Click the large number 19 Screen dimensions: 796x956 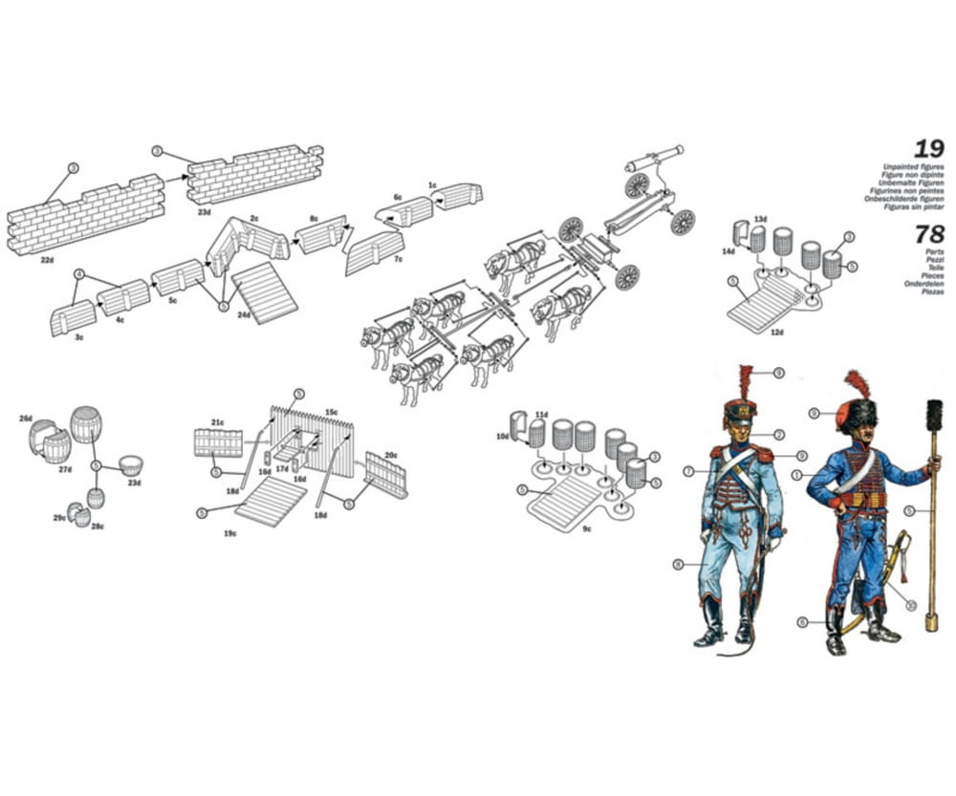point(927,149)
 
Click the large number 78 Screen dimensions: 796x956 point(929,234)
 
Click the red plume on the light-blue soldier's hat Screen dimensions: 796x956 point(745,382)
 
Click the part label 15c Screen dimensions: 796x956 point(331,413)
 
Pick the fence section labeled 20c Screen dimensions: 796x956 point(386,475)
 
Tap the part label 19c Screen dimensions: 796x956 point(230,533)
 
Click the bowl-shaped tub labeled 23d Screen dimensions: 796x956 point(130,466)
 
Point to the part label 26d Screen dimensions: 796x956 point(25,419)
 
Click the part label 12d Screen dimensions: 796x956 point(776,333)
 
